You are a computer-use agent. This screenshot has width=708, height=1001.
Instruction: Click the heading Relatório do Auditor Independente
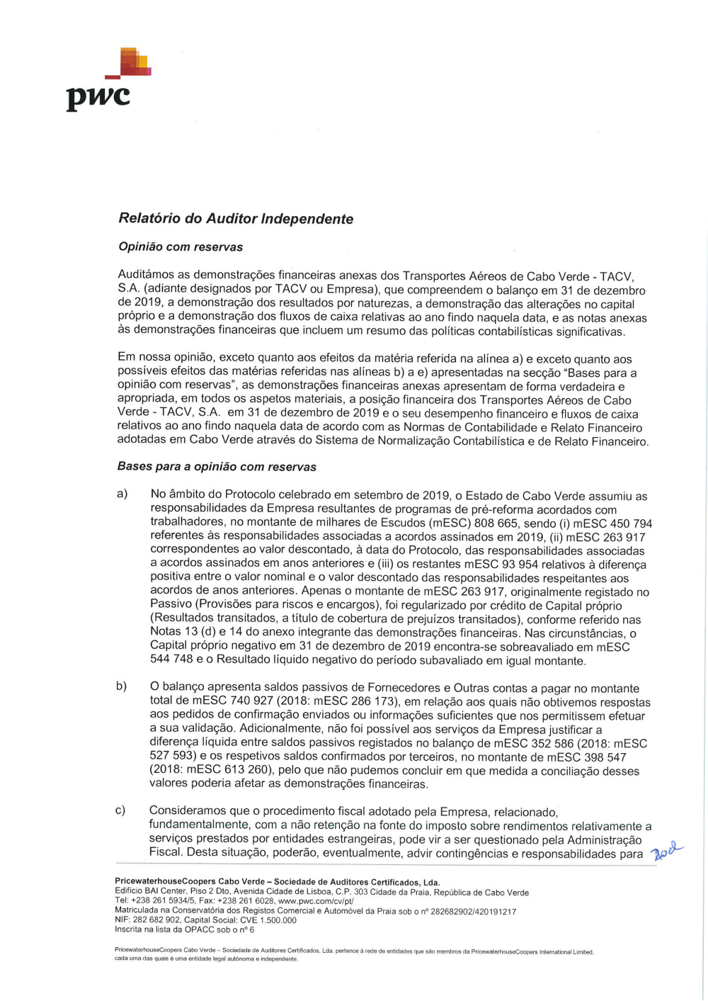point(236,219)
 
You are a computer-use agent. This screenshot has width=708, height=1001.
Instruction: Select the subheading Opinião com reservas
point(181,247)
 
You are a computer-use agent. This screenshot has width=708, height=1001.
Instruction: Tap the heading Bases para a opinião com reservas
point(217,467)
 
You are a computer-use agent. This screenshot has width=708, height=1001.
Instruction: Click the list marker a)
point(122,494)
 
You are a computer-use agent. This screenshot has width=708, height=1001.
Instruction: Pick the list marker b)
point(121,686)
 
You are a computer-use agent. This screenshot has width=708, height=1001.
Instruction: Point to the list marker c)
point(120,810)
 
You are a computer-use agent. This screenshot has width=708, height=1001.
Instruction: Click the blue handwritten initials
point(666,850)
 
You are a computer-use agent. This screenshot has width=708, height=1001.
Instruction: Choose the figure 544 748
point(171,660)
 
